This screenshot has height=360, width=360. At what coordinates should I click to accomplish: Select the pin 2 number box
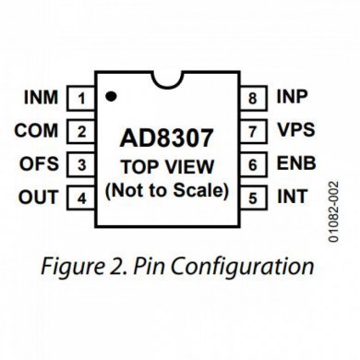82,131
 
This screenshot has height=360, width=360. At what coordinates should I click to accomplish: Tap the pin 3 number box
82,164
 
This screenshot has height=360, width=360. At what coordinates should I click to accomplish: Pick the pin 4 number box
82,198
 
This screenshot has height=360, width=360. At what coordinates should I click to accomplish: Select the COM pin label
37,131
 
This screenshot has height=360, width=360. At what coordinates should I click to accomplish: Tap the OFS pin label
39,164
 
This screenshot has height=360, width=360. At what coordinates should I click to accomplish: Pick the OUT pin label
39,198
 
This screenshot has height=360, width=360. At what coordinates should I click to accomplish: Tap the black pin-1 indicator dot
111,95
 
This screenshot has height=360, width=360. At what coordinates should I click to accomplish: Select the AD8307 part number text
167,138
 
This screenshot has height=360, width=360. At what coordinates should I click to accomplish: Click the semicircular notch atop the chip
167,80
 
